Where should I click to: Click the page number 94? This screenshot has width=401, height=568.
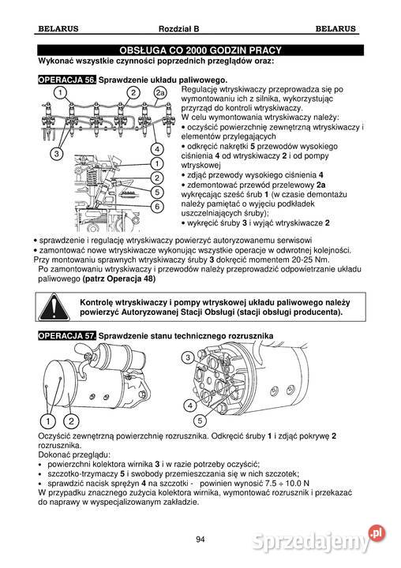200,539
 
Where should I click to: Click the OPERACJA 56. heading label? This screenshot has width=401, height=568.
67,80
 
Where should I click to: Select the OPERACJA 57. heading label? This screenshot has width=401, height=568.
67,336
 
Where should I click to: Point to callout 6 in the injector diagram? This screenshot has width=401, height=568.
157,207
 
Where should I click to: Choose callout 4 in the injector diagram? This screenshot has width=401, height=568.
157,149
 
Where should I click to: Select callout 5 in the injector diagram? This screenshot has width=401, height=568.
157,192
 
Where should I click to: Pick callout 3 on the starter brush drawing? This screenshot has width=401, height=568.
188,358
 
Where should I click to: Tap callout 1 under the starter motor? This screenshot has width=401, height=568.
49,420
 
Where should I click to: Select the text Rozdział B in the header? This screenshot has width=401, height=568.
200,30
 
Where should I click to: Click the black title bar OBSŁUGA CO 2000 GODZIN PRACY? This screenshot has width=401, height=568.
200,50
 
